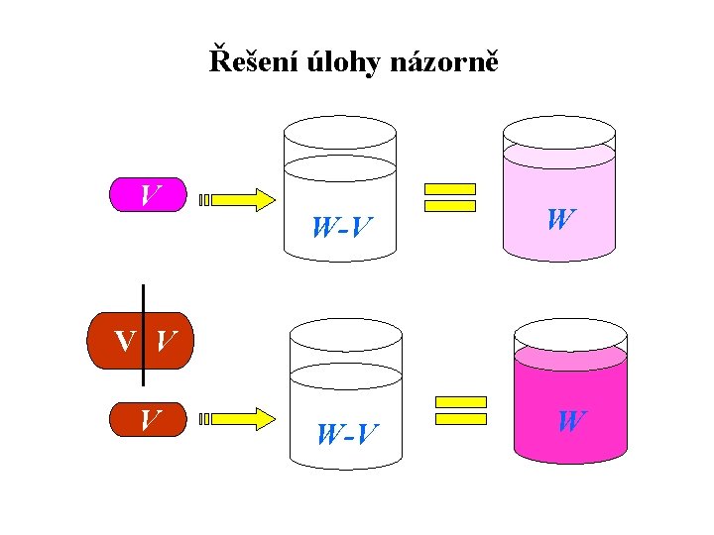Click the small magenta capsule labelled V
coord(148,195)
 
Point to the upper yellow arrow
coord(237,199)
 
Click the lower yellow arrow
coord(237,419)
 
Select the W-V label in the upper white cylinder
coord(341,229)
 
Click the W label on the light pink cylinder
coord(559,219)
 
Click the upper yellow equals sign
coord(450,197)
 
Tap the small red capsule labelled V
coord(149,419)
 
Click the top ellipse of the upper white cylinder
coord(340,132)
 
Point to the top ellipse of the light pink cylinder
coord(559,131)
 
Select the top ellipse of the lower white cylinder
coord(345,336)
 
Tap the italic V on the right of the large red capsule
coord(167,342)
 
